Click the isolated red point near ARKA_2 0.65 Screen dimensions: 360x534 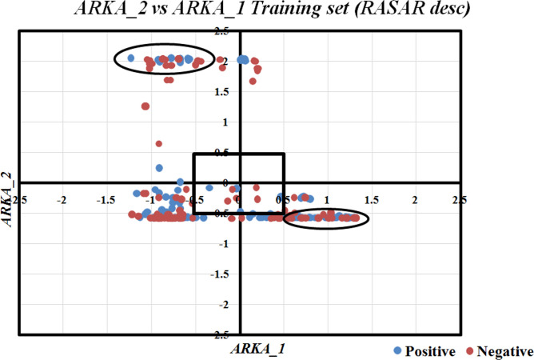coord(159,144)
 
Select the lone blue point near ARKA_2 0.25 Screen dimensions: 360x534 coord(159,168)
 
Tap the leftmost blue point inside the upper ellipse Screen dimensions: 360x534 coord(130,58)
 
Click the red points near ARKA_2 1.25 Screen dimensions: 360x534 coord(145,106)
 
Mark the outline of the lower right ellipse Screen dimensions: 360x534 coord(326,210)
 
